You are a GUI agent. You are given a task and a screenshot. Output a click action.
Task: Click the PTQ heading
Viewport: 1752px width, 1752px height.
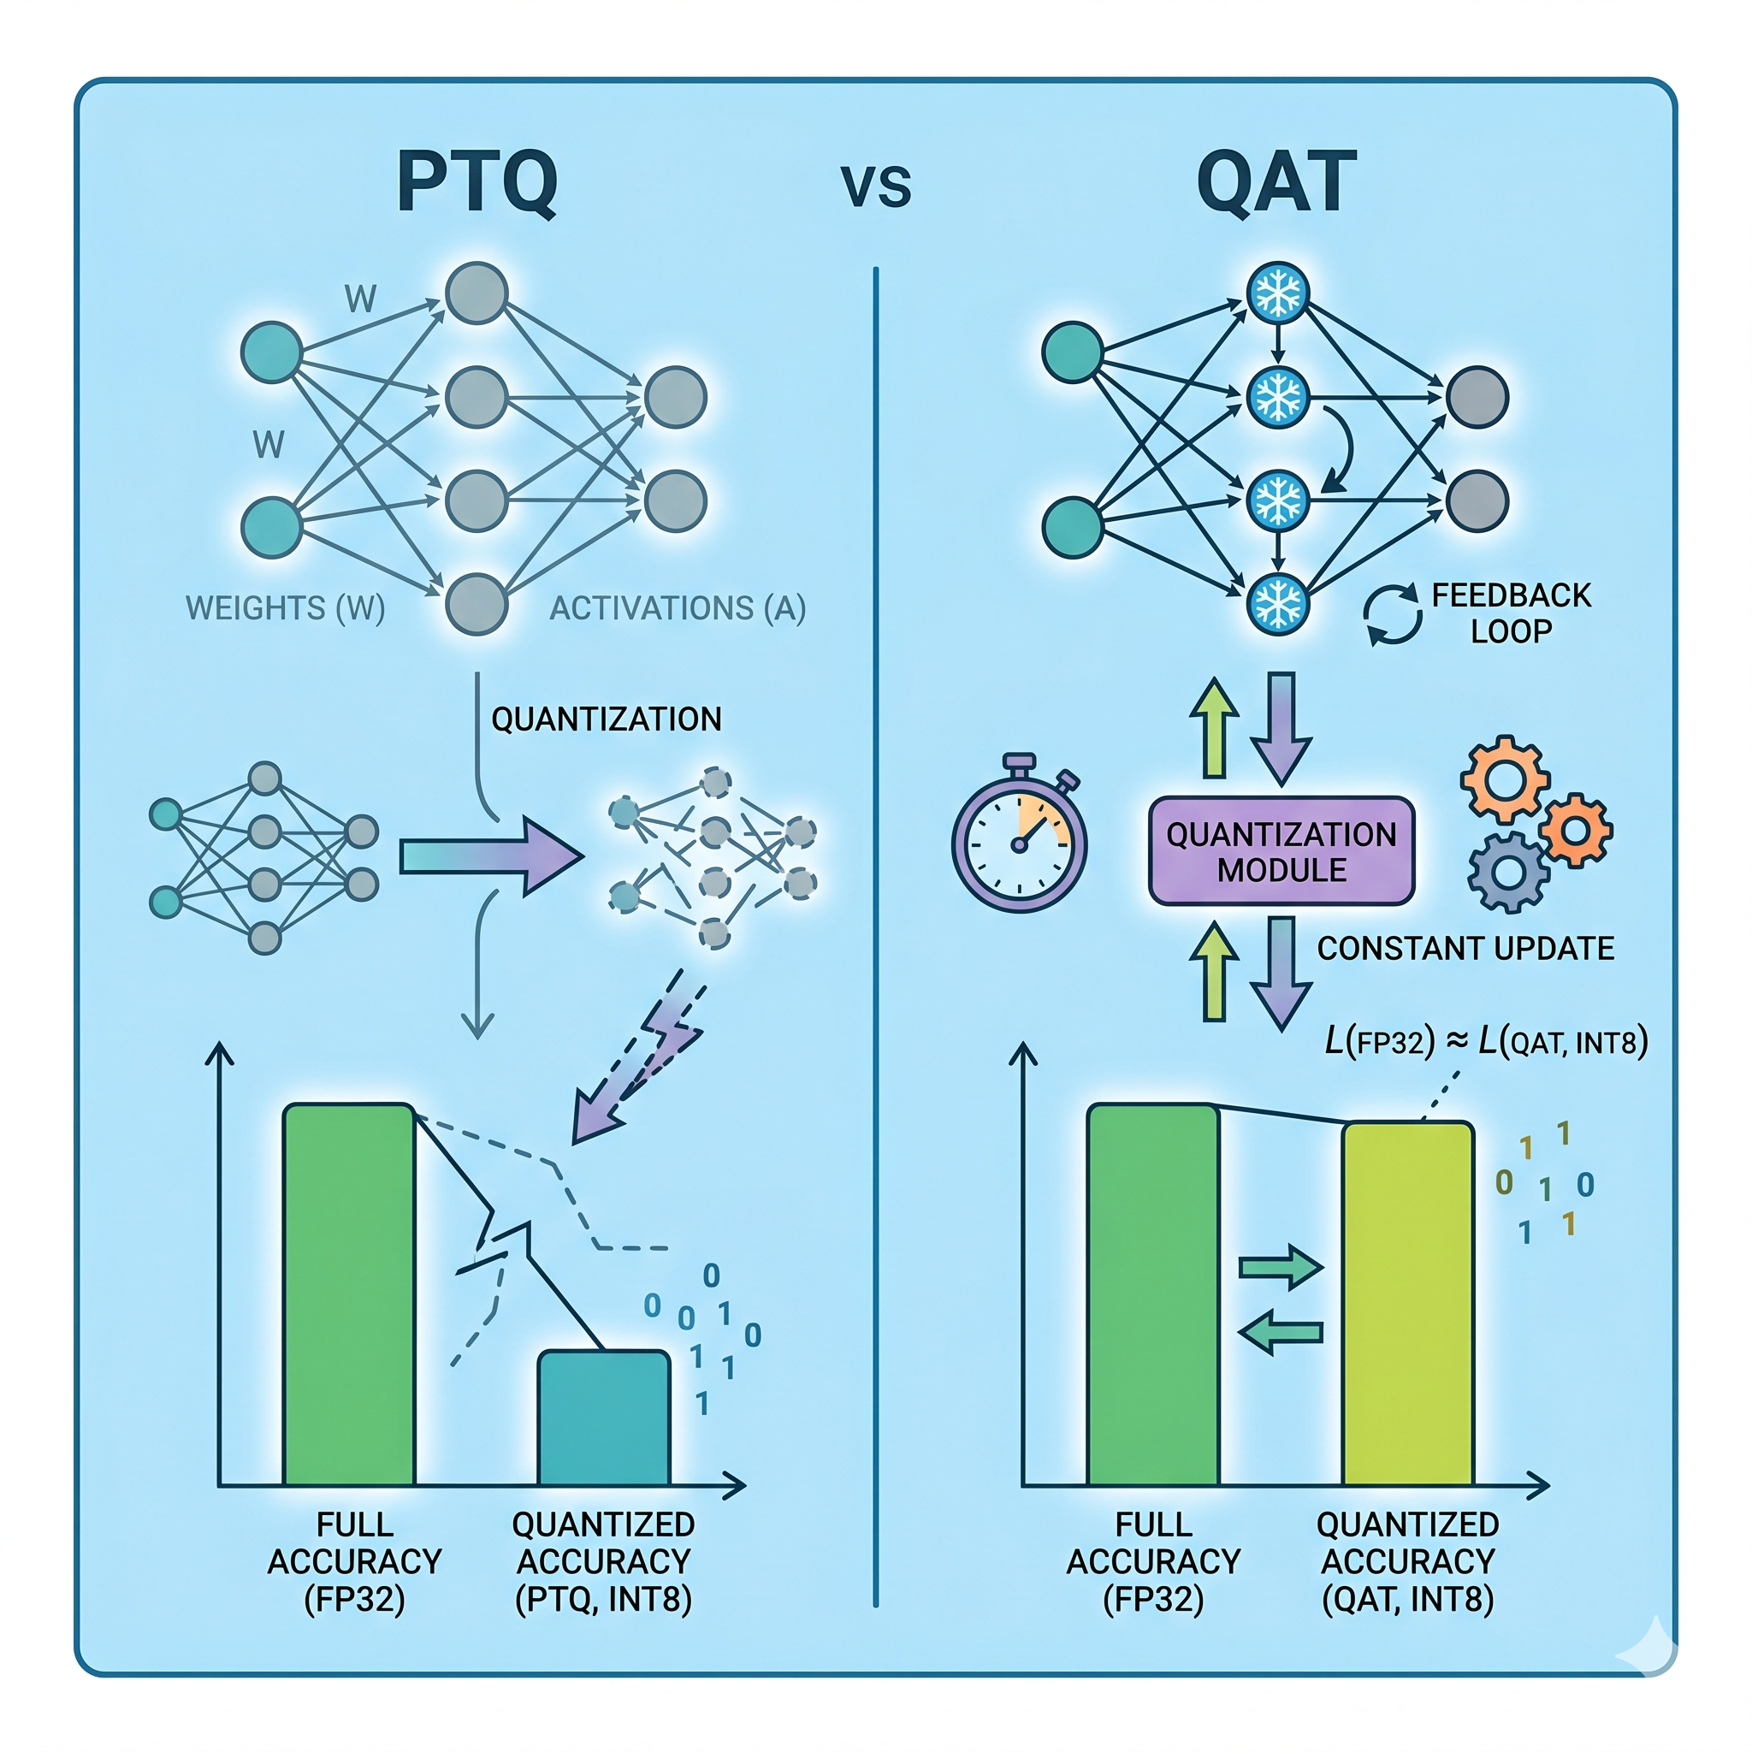(x=477, y=183)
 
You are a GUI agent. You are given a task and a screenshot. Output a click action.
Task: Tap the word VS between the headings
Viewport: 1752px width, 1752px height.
(x=875, y=186)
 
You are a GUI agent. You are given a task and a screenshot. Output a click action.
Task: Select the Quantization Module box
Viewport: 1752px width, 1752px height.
(x=1281, y=851)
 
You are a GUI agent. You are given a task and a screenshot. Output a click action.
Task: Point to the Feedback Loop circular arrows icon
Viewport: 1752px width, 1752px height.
(x=1392, y=614)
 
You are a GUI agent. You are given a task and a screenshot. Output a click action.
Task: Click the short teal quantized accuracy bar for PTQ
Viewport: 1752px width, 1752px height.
(x=604, y=1419)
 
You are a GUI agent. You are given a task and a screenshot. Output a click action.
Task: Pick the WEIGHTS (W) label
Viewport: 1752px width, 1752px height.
(x=286, y=607)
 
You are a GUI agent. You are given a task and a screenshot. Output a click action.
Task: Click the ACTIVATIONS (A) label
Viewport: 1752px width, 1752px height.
(x=678, y=607)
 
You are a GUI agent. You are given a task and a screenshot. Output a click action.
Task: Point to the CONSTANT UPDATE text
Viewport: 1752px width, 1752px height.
(x=1465, y=949)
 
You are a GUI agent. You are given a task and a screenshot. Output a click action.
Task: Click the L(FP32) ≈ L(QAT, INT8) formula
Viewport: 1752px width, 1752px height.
(x=1485, y=1042)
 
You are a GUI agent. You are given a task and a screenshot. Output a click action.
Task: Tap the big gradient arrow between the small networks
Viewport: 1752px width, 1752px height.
(x=489, y=856)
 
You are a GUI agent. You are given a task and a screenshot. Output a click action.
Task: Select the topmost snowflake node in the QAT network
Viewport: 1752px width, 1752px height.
(x=1277, y=293)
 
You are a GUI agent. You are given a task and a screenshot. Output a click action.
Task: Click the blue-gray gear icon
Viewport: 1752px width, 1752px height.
(x=1507, y=873)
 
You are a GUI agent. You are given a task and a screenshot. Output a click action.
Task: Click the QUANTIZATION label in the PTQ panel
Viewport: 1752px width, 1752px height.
(x=606, y=719)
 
